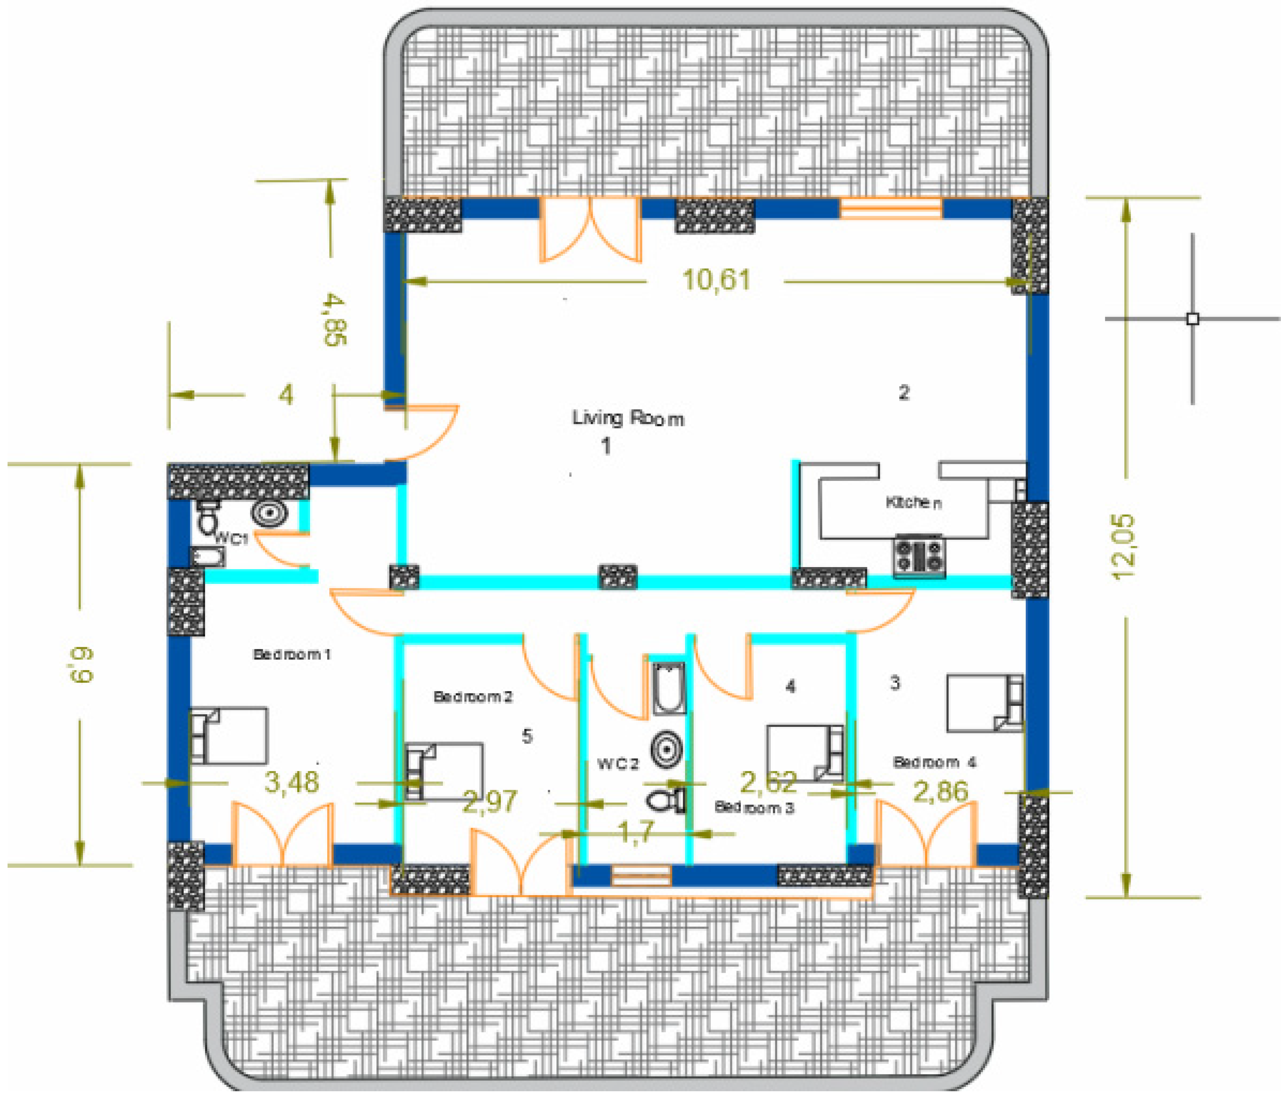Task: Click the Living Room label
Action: pos(628,418)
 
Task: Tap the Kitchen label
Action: pos(913,502)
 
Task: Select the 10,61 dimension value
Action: pos(716,280)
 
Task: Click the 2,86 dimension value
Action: pos(941,791)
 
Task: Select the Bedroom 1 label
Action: pos(291,654)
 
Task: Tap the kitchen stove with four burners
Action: pos(919,556)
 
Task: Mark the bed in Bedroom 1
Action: pos(229,736)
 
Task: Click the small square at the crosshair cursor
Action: pos(1192,319)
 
